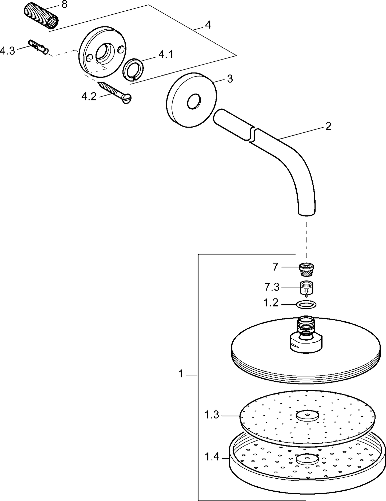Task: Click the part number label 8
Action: (x=64, y=5)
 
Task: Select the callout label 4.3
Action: (x=7, y=51)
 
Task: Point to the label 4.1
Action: (x=165, y=55)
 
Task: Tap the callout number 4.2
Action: (x=89, y=97)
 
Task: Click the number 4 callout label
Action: (x=208, y=25)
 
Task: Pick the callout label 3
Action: (x=230, y=79)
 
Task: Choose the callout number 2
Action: (x=328, y=126)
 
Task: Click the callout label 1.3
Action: (x=212, y=415)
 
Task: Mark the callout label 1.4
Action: (x=212, y=457)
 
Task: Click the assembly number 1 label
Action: (x=181, y=374)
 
